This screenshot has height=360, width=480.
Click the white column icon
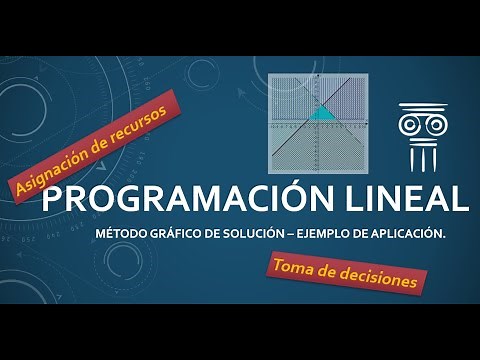[421, 136]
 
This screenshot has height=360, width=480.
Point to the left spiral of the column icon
[409, 124]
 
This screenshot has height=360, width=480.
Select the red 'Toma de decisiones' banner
[343, 273]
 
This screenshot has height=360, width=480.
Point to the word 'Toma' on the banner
[291, 266]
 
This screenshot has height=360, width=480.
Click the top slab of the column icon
[421, 107]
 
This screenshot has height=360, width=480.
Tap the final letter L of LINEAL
[458, 198]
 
